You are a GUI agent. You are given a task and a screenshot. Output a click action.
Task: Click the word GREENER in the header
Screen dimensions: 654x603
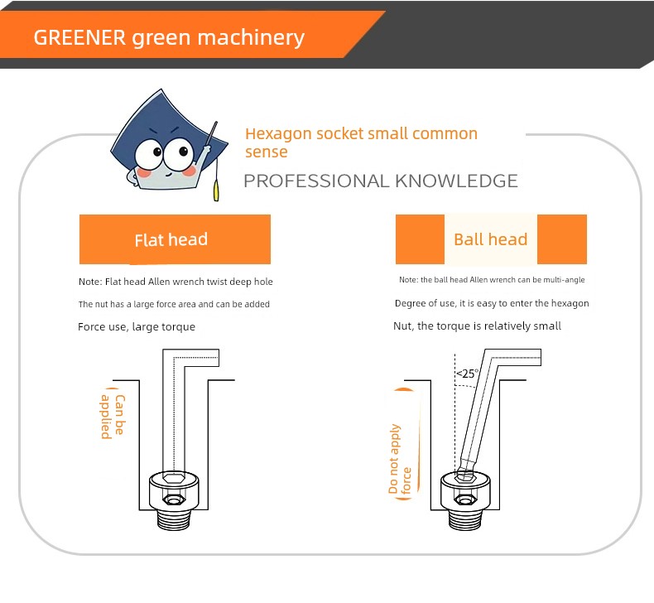pos(79,37)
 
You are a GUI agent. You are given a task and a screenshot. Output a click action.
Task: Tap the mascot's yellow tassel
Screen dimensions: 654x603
pos(216,190)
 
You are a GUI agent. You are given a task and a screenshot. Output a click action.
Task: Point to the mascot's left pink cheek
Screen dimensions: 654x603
pos(144,172)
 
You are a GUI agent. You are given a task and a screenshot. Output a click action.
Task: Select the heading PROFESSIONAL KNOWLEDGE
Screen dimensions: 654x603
pos(380,181)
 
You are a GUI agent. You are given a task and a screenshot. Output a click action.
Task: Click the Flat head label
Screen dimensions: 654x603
pos(171,240)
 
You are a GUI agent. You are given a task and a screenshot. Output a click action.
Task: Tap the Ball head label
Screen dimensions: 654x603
pos(490,239)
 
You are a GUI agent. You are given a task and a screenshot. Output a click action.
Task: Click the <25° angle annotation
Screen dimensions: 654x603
pos(467,373)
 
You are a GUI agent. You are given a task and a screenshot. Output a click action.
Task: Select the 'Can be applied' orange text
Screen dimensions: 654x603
pos(113,417)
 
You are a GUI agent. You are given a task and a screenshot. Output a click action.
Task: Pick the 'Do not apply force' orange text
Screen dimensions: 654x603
pos(400,459)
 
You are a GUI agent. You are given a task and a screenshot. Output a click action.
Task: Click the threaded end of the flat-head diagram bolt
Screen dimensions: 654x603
pos(174,519)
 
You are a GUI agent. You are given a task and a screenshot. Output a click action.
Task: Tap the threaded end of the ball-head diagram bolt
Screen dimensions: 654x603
pos(465,519)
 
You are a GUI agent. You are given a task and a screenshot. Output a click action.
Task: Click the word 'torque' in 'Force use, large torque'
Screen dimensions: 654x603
pos(178,326)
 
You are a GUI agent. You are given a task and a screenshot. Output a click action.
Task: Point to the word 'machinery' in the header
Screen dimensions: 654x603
pos(251,38)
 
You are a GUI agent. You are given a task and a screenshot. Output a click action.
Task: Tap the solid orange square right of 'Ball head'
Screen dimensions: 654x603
pos(562,239)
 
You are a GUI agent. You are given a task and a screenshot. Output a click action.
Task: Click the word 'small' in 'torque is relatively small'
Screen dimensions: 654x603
pos(548,326)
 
